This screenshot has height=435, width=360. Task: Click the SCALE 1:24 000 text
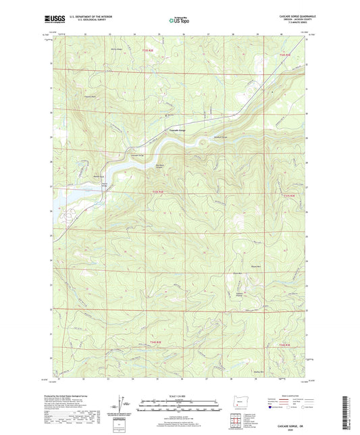180,396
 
